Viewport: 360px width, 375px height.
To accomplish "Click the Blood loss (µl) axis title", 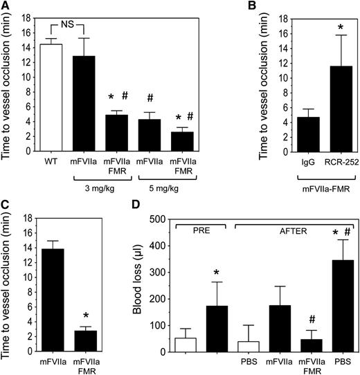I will [150, 285].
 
